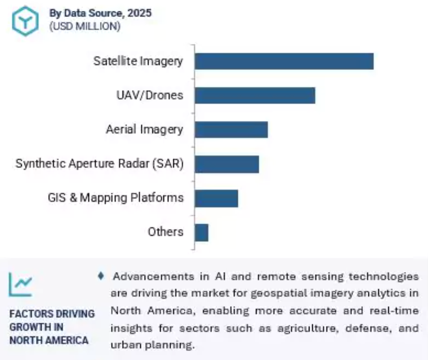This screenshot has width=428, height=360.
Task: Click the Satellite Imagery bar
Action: pyautogui.click(x=284, y=61)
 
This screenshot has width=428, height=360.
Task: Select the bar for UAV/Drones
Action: pyautogui.click(x=255, y=95)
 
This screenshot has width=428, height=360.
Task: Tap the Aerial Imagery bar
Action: pyautogui.click(x=231, y=130)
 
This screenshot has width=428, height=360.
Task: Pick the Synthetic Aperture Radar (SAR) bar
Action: pyautogui.click(x=227, y=164)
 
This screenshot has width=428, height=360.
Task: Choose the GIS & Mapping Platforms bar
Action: pyautogui.click(x=216, y=198)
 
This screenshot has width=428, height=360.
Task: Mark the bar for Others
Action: pyautogui.click(x=201, y=233)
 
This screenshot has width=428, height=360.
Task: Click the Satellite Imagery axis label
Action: pyautogui.click(x=138, y=61)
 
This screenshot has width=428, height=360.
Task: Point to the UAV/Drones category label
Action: pyautogui.click(x=150, y=95)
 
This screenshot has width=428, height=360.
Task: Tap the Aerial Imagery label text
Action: pyautogui.click(x=145, y=129)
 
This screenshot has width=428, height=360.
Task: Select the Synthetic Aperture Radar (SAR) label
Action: pyautogui.click(x=100, y=163)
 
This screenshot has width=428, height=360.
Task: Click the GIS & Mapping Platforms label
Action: pyautogui.click(x=116, y=197)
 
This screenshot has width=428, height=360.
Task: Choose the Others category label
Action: pyautogui.click(x=166, y=231)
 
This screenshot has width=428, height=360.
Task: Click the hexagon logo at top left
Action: pyautogui.click(x=25, y=21)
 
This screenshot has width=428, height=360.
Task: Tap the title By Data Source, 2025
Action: pyautogui.click(x=100, y=13)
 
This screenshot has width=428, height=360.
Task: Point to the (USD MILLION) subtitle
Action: pyautogui.click(x=85, y=26)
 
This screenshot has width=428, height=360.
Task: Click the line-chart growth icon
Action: pyautogui.click(x=20, y=284)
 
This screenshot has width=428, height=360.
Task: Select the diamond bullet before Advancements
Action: pyautogui.click(x=101, y=276)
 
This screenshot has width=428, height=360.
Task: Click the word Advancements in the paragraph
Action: pyautogui.click(x=154, y=276)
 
